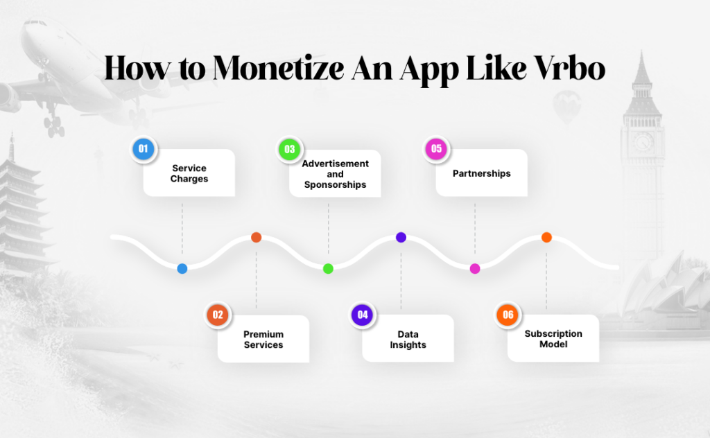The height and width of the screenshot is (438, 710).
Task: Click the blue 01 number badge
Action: click(x=144, y=148)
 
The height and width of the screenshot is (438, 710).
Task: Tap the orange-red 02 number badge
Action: click(x=218, y=315)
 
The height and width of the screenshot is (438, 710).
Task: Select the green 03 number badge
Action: click(x=289, y=149)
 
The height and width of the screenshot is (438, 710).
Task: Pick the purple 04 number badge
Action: click(x=362, y=315)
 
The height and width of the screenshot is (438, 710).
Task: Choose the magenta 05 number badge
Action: click(x=436, y=148)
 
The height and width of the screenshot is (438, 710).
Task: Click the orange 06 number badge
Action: click(x=508, y=315)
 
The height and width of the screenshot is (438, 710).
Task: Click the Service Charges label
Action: click(x=189, y=173)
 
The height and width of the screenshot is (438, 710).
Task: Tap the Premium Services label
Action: click(x=263, y=340)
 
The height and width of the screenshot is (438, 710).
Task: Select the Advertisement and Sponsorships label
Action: click(x=336, y=174)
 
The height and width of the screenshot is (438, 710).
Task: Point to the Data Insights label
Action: click(x=408, y=340)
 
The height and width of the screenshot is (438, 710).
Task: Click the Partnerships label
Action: click(x=481, y=173)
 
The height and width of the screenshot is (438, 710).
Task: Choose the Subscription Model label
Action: click(x=553, y=339)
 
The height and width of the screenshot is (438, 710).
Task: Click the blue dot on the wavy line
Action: click(x=182, y=269)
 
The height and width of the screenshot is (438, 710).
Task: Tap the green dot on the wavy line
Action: click(x=328, y=268)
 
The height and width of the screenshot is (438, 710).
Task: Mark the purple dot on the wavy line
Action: click(x=401, y=237)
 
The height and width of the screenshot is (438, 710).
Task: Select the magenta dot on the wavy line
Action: click(x=475, y=268)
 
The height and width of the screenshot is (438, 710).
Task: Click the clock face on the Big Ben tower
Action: click(x=643, y=142)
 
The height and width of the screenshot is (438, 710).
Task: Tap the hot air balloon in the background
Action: click(x=566, y=105)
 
